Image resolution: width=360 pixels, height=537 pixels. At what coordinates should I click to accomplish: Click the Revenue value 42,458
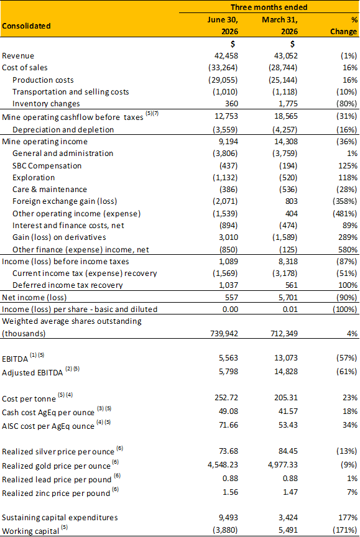pos(226,56)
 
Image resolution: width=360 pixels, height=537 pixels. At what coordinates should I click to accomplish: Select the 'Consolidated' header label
pos(26,26)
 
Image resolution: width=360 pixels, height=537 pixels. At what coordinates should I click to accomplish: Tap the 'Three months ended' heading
pos(269,7)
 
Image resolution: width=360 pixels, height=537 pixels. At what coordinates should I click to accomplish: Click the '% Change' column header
pos(344,25)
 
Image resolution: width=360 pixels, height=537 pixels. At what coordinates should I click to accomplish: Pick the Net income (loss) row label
pos(34,297)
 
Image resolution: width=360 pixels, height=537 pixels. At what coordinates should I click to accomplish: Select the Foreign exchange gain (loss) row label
pos(65,201)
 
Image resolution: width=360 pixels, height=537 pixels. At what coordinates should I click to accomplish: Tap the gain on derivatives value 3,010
pos(229,237)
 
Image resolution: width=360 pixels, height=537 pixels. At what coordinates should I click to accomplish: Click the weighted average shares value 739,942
pos(224,334)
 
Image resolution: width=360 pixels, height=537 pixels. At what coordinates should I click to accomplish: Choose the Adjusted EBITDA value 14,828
pos(286,372)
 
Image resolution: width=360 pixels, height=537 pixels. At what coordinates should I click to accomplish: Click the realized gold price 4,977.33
pos(282,465)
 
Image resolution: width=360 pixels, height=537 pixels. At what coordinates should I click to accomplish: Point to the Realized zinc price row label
pos(56,493)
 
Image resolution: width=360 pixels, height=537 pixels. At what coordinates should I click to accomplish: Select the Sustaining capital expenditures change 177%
pos(348,518)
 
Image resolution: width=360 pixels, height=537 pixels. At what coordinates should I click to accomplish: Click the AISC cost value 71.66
pos(228,425)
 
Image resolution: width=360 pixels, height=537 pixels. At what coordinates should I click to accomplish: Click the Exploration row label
pos(34,178)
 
